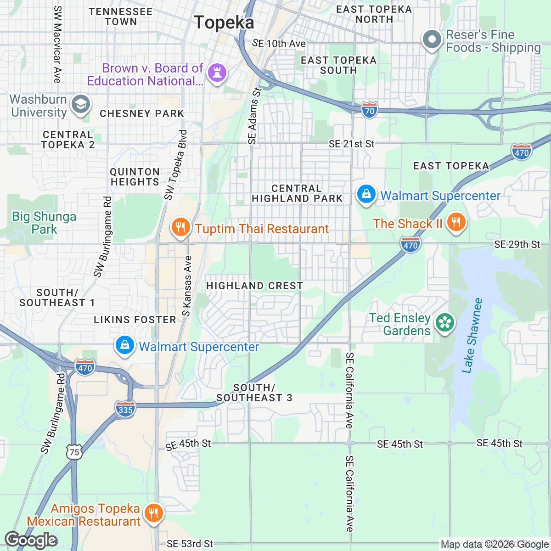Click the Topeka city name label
pos(224,22)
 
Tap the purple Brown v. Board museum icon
pos(217,73)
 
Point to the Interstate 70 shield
pos(370,111)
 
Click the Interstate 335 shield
pos(125,409)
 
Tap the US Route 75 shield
pos(74,452)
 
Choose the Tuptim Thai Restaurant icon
pos(181,227)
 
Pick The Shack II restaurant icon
pos(455,222)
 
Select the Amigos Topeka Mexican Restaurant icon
pos(153,513)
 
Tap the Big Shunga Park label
pos(44,223)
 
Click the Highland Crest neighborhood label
pos(254,286)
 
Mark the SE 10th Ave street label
pos(279,44)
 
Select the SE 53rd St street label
pos(190,544)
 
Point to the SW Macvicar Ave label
pos(57,45)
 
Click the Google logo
pos(31,540)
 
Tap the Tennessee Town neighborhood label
pos(120,17)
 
